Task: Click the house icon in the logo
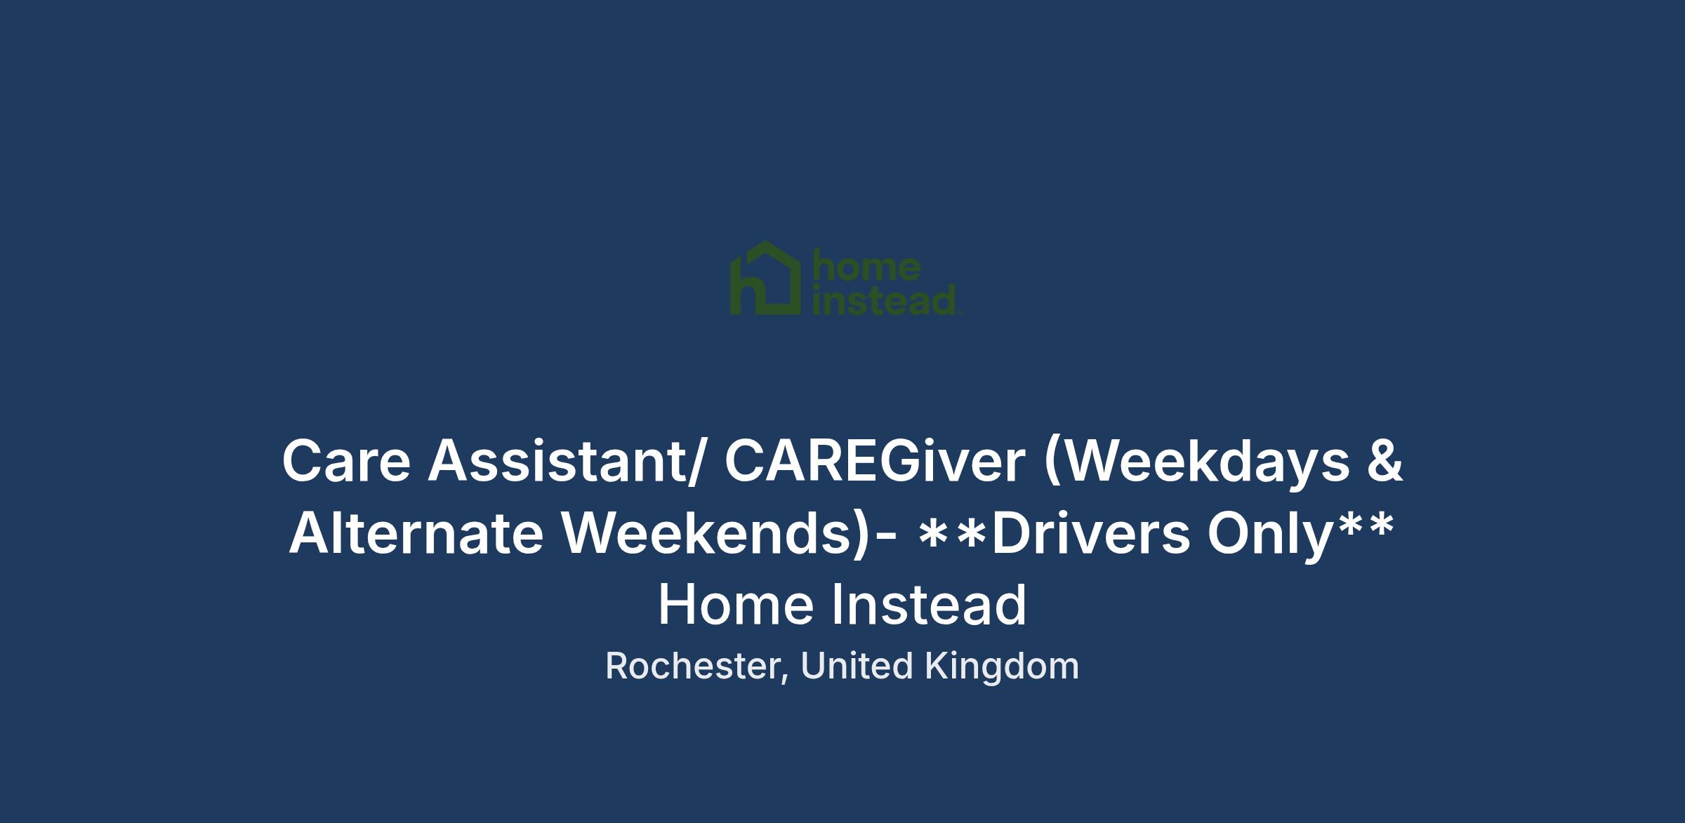(765, 278)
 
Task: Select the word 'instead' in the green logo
(884, 300)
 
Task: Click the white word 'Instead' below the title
(930, 605)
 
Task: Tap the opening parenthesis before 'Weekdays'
(1052, 464)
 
